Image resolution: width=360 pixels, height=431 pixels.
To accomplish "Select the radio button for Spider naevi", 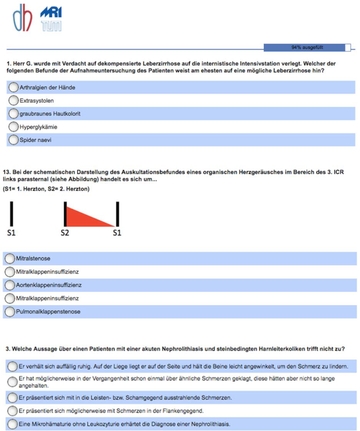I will pyautogui.click(x=13, y=140).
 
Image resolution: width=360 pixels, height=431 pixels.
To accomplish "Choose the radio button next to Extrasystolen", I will pyautogui.click(x=13, y=101).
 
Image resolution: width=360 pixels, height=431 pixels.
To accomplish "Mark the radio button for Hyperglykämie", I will pyautogui.click(x=13, y=127).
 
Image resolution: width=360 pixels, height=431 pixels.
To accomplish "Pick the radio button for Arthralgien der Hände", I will pyautogui.click(x=13, y=88).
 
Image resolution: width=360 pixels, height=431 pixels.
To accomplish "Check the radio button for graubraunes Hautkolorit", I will pyautogui.click(x=13, y=114).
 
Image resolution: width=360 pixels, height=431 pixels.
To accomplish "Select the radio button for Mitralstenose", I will pyautogui.click(x=9, y=259).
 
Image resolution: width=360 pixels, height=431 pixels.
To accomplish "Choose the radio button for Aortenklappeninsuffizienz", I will pyautogui.click(x=9, y=285).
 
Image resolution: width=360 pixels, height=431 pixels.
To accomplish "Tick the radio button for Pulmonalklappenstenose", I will pyautogui.click(x=9, y=312).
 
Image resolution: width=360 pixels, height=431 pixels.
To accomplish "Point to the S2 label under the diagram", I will pyautogui.click(x=65, y=233).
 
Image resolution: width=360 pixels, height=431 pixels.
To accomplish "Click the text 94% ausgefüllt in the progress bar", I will pyautogui.click(x=307, y=48).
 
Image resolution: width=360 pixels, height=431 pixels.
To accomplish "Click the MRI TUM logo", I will pyautogui.click(x=51, y=19).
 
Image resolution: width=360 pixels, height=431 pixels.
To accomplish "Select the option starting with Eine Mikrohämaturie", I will pyautogui.click(x=13, y=424).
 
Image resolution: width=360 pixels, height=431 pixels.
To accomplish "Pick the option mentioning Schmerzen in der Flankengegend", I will pyautogui.click(x=13, y=411).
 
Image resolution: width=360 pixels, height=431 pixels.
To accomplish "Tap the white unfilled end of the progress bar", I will pyautogui.click(x=348, y=48).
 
